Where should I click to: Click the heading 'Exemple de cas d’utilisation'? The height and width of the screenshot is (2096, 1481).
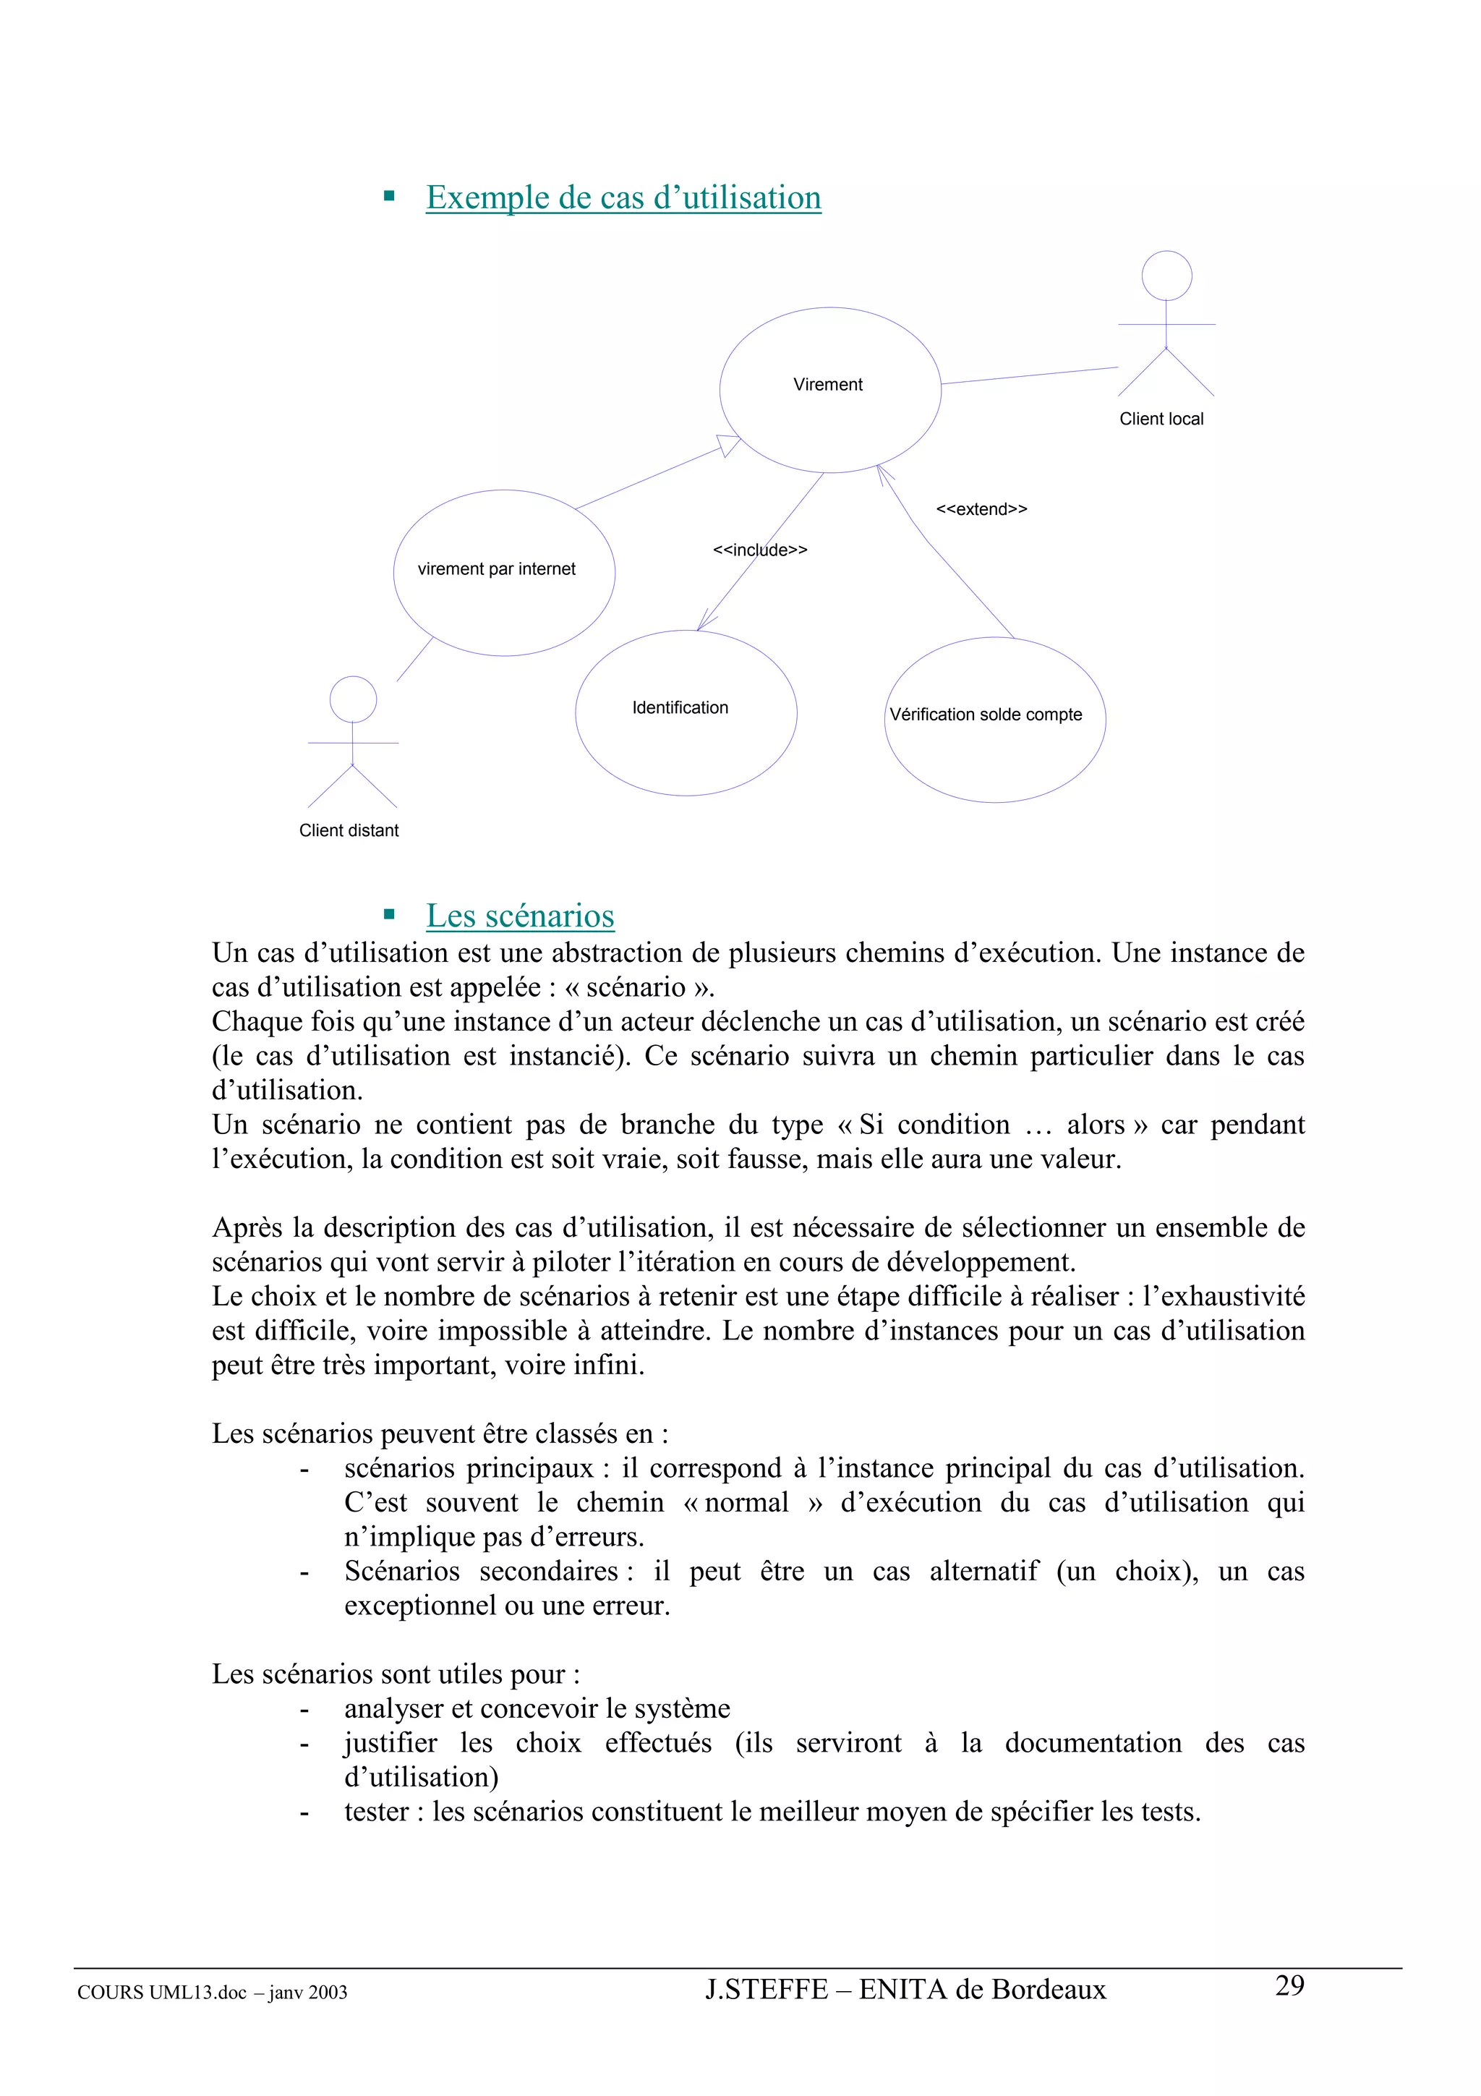pyautogui.click(x=623, y=198)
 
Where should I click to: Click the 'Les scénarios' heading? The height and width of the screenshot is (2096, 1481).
pyautogui.click(x=520, y=916)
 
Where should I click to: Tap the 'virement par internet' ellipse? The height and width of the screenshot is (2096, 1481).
pyautogui.click(x=504, y=602)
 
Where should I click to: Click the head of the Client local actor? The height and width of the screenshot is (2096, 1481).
pyautogui.click(x=1166, y=276)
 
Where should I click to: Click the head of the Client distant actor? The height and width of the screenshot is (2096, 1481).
pyautogui.click(x=352, y=699)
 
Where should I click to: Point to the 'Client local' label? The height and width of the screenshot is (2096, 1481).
pyautogui.click(x=1161, y=419)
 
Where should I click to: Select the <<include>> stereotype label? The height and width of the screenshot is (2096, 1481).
pyautogui.click(x=759, y=550)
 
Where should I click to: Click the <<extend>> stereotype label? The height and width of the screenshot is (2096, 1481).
pyautogui.click(x=981, y=509)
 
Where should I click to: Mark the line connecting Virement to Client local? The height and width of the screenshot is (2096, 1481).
pyautogui.click(x=1029, y=375)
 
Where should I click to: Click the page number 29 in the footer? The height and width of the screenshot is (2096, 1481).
pyautogui.click(x=1289, y=1985)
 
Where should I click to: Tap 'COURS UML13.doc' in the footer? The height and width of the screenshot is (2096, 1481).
pyautogui.click(x=161, y=1993)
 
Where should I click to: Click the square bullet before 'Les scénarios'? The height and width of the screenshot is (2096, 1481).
pyautogui.click(x=390, y=913)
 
